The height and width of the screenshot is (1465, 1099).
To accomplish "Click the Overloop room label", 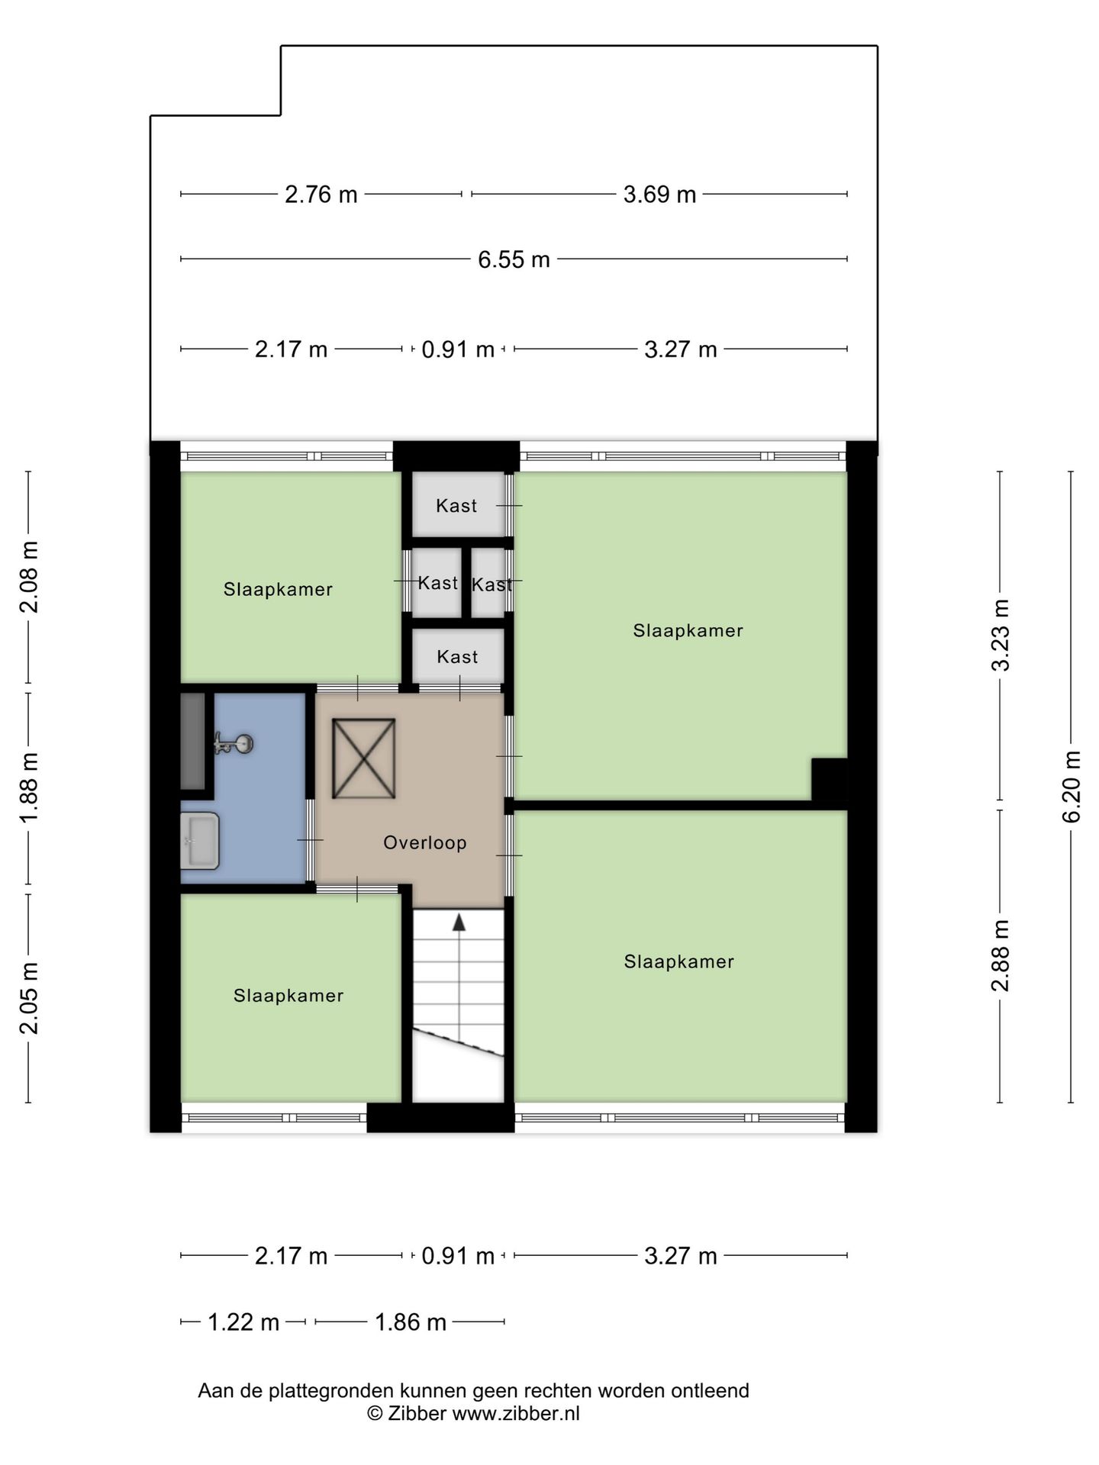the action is click(424, 842).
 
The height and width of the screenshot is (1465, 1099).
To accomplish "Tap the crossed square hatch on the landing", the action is click(363, 758).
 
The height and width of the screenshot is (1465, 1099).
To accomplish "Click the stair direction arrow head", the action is click(459, 922).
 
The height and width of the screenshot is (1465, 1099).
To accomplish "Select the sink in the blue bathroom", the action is click(200, 841).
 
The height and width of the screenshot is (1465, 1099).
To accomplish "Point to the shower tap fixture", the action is click(234, 744).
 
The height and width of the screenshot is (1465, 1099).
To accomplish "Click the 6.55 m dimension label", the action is click(514, 259).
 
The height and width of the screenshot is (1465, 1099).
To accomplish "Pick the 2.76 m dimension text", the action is click(321, 195).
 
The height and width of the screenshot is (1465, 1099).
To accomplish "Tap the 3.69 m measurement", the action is click(659, 195).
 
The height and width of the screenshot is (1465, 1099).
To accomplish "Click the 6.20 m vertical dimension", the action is click(1072, 786).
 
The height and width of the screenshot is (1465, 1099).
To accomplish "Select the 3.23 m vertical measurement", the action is click(1000, 635).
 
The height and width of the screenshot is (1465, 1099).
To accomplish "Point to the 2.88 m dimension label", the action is click(1000, 955).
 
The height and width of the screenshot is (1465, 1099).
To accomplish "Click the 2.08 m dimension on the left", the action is click(29, 577).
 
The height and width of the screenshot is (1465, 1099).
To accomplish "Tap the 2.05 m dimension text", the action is click(29, 998).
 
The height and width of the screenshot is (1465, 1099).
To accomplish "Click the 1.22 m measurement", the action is click(243, 1322).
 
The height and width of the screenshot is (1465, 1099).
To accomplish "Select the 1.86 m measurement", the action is click(410, 1322).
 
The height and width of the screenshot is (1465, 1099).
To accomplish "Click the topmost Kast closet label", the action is click(456, 505).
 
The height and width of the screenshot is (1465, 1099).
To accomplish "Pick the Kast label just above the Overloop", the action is click(457, 656).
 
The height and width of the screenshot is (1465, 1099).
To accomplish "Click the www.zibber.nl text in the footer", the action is click(516, 1413).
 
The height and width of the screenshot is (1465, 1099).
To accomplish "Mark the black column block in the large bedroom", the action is click(829, 780).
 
